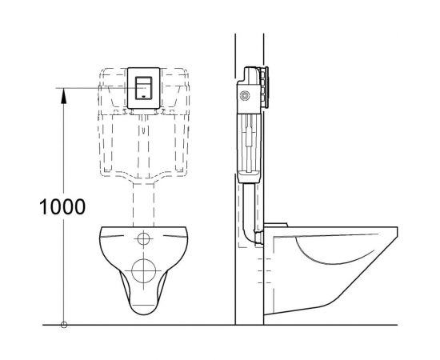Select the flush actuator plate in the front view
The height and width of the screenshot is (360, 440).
click(144, 88)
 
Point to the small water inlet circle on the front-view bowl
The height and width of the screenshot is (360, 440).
click(144, 238)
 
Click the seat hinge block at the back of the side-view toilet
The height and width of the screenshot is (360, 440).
click(275, 226)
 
